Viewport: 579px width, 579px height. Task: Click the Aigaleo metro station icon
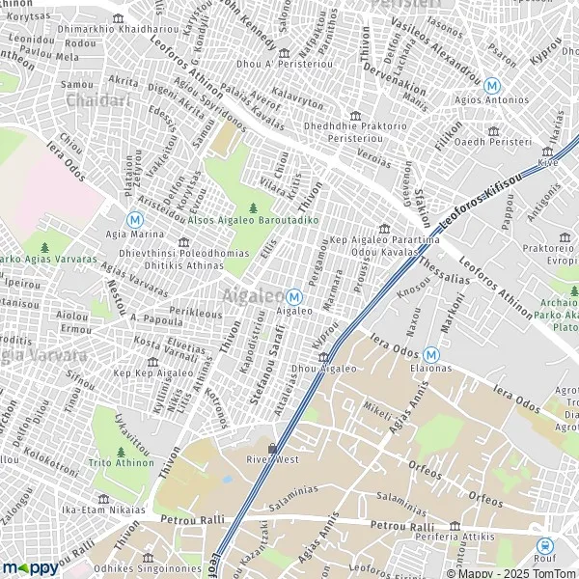[x=293, y=296]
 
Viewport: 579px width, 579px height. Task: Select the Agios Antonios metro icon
[x=492, y=85]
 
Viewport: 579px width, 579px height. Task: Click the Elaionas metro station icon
[x=430, y=353]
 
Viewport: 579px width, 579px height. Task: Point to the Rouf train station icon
[x=543, y=545]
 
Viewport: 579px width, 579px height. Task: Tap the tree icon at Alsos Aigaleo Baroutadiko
[x=253, y=207]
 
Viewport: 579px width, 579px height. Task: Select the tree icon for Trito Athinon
[x=121, y=451]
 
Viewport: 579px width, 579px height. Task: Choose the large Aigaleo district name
[x=254, y=294]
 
